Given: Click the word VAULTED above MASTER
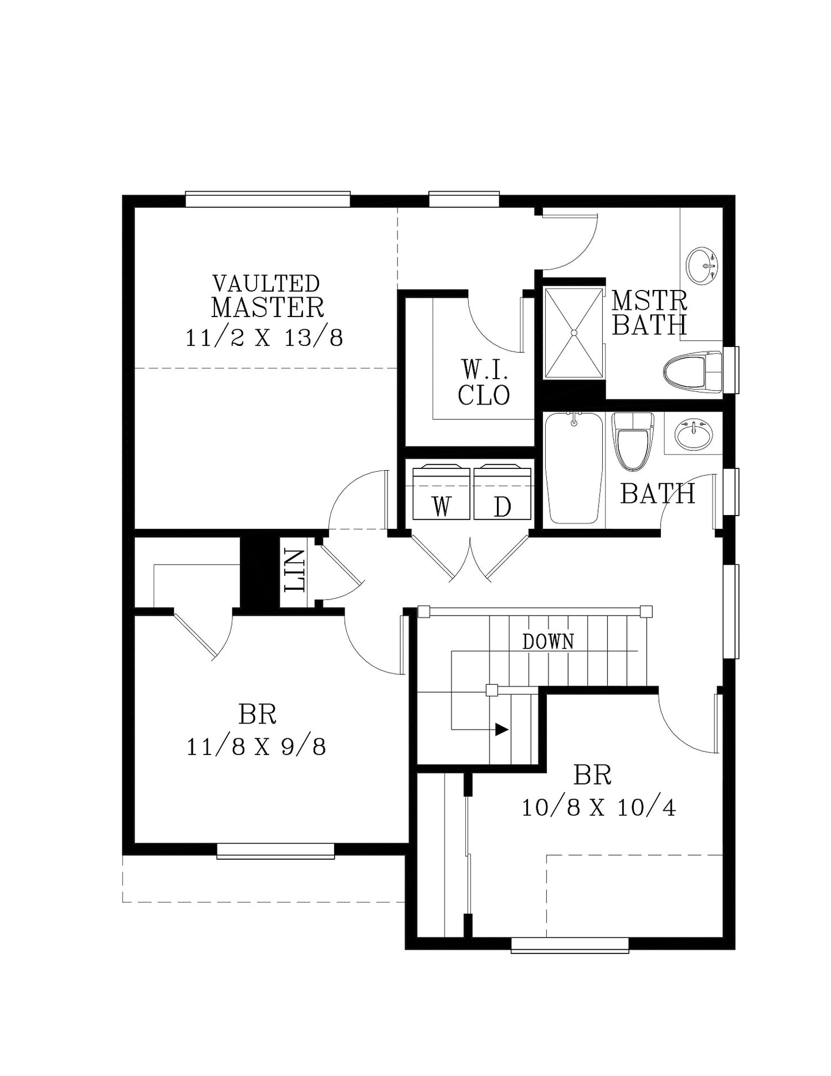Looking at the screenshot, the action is [266, 283].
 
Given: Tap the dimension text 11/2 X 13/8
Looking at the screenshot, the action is [265, 338].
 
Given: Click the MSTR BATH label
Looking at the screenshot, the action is [649, 312].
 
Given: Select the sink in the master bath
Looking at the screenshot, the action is [702, 265].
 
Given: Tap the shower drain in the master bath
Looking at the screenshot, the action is [573, 333].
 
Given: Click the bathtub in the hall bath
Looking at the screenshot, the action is [574, 468].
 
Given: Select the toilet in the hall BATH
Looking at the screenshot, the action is [633, 440].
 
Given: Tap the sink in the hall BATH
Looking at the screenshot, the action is [694, 434].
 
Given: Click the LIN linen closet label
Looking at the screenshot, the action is [294, 571].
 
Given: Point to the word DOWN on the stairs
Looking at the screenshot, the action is [548, 642].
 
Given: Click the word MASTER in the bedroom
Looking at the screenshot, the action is [267, 307].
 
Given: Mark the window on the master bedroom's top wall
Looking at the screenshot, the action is [268, 199].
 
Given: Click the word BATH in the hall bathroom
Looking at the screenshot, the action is [658, 494].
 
